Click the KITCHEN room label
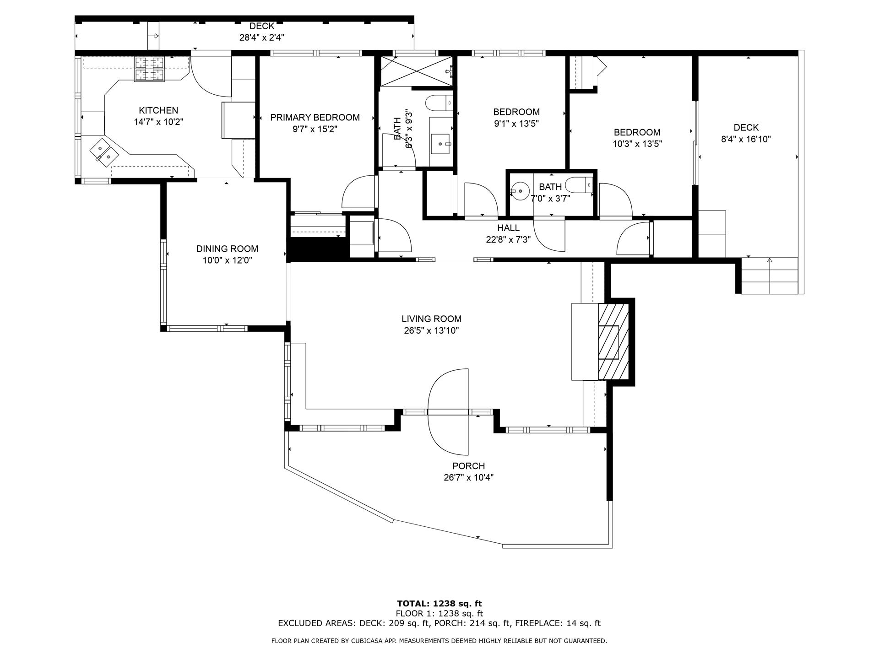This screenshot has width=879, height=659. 158,110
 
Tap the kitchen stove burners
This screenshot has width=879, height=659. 149,69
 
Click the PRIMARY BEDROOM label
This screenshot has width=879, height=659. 315,118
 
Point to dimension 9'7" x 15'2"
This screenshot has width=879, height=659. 315,130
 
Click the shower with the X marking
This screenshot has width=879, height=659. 416,71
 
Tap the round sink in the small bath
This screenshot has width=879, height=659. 520,190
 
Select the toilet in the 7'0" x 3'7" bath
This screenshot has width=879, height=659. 578,185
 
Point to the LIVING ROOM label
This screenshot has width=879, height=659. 431,319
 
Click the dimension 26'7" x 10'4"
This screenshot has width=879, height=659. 468,478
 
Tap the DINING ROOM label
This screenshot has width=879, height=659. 227,249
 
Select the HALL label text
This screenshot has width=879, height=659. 508,228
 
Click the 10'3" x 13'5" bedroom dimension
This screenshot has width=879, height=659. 637,144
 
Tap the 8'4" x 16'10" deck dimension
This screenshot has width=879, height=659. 746,139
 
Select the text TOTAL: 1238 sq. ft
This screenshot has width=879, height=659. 439,604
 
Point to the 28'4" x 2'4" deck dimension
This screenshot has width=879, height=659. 262,38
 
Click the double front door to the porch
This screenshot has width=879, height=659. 449,412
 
